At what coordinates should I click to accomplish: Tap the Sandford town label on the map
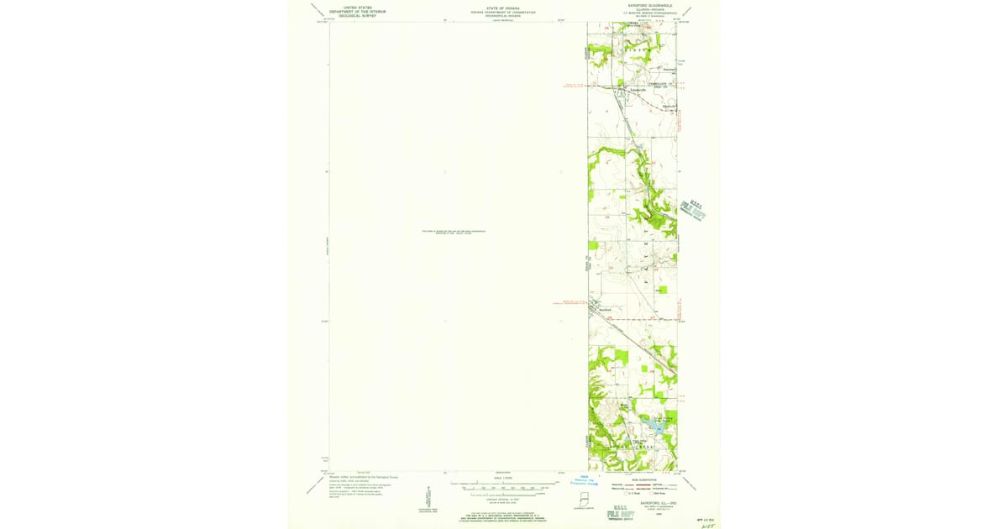point(604,310)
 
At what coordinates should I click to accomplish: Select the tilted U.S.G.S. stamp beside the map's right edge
point(692,208)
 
